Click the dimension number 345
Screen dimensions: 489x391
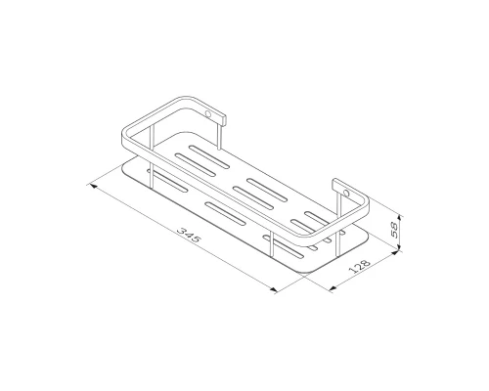[190, 236]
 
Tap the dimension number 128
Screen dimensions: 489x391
[360, 266]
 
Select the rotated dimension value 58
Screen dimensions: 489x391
[394, 230]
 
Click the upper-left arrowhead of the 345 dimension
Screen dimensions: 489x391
[94, 187]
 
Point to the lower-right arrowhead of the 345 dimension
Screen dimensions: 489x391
[273, 289]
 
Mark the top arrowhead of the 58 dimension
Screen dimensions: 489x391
[401, 217]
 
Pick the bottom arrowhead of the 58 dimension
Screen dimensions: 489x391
[401, 248]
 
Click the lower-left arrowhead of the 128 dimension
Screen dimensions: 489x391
[333, 288]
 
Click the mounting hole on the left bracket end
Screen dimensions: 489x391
[207, 114]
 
